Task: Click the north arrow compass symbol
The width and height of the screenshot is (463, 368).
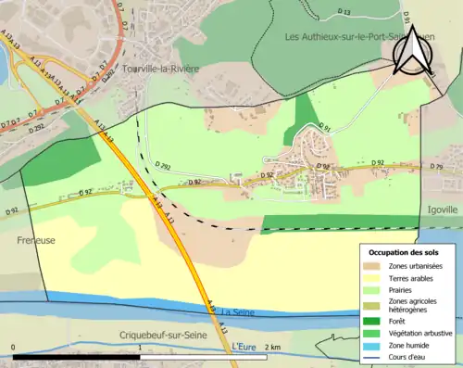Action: coord(412,51)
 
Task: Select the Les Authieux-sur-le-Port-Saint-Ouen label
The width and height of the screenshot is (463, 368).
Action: coord(355,37)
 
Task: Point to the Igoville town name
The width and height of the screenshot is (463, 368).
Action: coord(442,209)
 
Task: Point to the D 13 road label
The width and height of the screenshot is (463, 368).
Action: coord(344,11)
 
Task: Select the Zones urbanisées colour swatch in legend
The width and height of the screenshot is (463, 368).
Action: coord(376,266)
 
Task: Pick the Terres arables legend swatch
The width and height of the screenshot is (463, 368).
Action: coord(376,278)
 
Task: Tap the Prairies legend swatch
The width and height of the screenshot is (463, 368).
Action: coord(376,290)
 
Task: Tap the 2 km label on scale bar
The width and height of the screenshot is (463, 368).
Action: coord(273,346)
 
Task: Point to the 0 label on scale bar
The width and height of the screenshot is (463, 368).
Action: coord(13,346)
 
